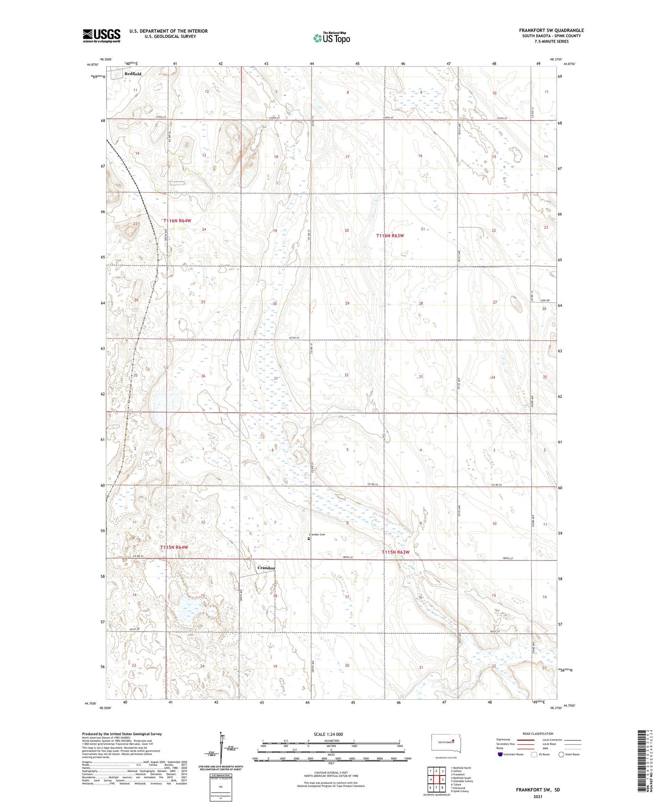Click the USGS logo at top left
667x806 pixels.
101,36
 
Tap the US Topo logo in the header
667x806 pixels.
331,38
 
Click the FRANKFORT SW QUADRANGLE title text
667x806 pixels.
551,30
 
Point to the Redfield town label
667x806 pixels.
133,73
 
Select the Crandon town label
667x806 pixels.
266,568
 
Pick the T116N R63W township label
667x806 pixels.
390,236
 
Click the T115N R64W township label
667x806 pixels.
174,547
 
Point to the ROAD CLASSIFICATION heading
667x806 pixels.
538,734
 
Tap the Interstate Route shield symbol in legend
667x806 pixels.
500,754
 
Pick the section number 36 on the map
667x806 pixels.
203,376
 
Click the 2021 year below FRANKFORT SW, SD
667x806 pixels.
537,797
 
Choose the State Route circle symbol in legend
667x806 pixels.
561,754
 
